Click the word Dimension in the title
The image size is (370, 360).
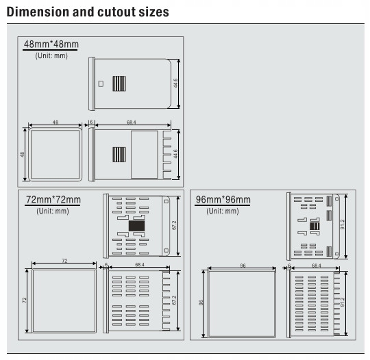pos(38,12)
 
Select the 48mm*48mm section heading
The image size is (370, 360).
pos(51,44)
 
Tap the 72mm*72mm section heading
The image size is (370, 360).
pos(53,199)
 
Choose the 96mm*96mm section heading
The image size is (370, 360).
pos(223,199)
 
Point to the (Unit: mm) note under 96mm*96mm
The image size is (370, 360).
pos(223,211)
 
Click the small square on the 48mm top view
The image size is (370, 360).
pos(101,83)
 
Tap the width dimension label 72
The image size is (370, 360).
pos(64,261)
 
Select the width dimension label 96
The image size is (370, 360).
pos(243,266)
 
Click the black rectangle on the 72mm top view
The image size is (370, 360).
pos(136,226)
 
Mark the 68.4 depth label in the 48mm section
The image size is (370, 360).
pos(131,122)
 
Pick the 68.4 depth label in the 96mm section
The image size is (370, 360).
pos(317,266)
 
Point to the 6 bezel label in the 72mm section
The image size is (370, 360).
pos(106,264)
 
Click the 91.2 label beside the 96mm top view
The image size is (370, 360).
pos(343,224)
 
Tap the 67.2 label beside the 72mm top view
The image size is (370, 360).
pos(174,225)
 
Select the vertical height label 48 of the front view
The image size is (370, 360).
pos(22,155)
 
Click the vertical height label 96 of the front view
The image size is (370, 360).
pos(201,303)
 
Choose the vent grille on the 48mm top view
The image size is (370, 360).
pos(119,83)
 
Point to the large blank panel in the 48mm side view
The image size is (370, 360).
pos(145,155)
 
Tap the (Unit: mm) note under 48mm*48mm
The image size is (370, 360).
pos(51,55)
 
